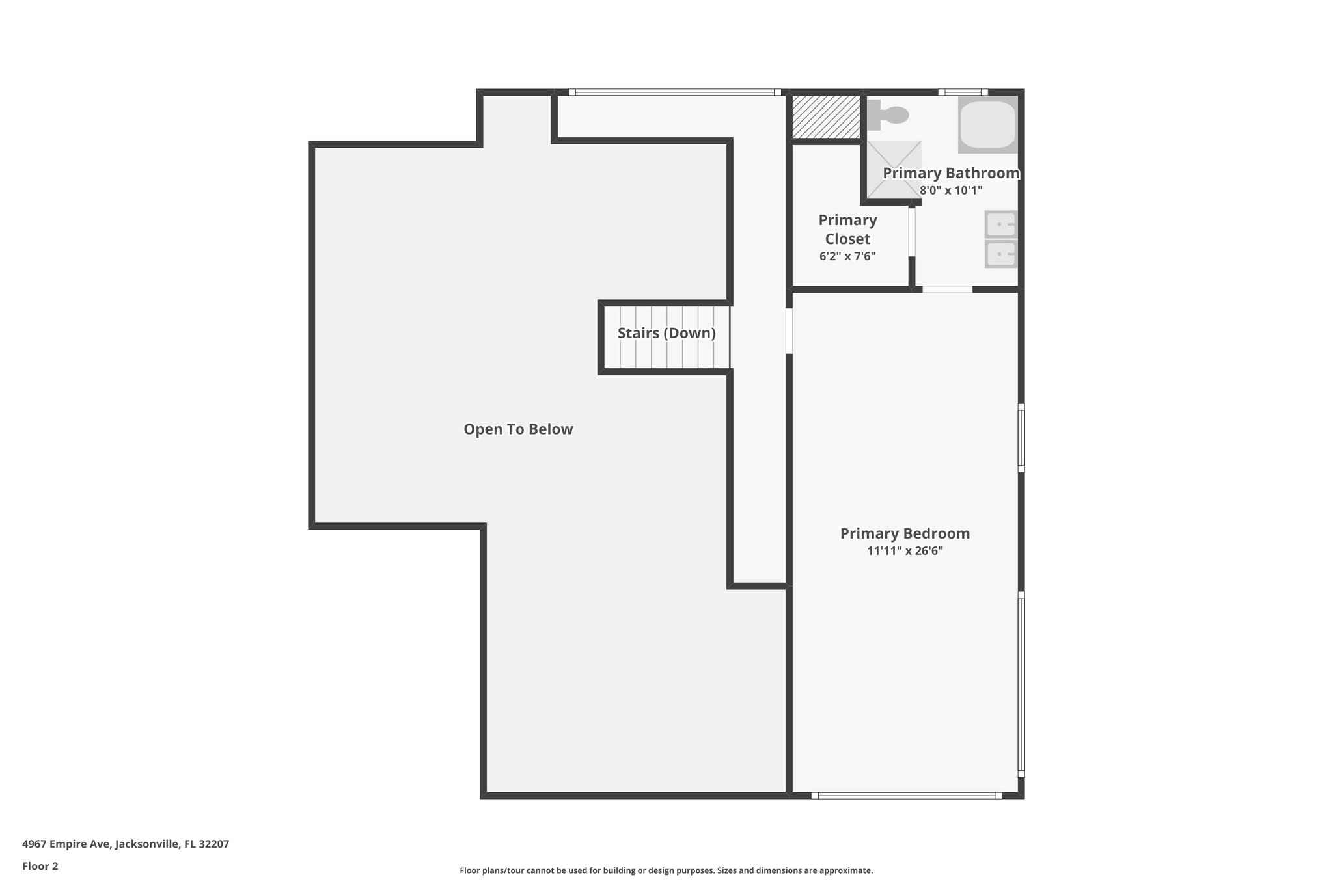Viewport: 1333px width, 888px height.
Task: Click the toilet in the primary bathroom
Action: point(889,115)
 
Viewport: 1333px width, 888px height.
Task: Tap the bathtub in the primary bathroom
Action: point(987,125)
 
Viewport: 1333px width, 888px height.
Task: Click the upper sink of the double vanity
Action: point(1000,225)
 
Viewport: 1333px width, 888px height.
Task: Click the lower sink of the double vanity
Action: point(1000,254)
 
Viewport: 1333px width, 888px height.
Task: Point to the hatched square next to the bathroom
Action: point(826,116)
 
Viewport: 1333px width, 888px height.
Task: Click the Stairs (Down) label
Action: point(666,333)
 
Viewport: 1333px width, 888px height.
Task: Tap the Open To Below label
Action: point(518,429)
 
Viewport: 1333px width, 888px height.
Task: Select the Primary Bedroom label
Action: point(905,533)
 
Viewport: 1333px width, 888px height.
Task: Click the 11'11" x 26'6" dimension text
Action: point(905,551)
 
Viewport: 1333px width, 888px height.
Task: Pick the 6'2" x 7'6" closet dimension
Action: point(847,256)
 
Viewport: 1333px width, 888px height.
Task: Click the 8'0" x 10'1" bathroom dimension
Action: point(950,191)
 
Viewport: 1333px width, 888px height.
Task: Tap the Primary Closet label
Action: point(847,229)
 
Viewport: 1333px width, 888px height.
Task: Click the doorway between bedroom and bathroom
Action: point(947,289)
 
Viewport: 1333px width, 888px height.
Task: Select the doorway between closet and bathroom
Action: point(912,231)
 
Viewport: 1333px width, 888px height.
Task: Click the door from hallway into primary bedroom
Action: point(789,330)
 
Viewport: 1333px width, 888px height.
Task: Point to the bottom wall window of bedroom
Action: point(907,795)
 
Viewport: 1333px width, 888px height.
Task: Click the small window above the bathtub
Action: point(963,92)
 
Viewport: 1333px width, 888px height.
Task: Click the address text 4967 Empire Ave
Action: point(126,844)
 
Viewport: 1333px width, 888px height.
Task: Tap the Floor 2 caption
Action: point(40,866)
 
